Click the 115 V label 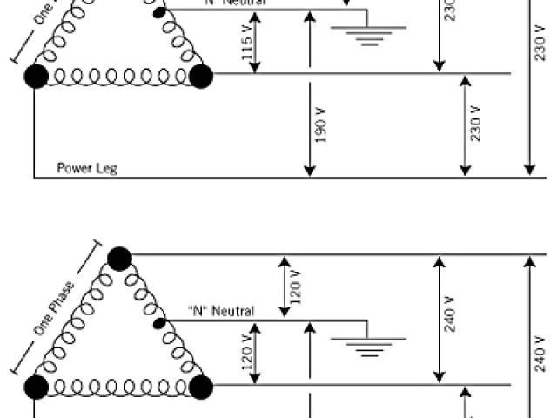point(247,52)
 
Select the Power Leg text point(87,168)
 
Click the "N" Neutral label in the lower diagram point(221,311)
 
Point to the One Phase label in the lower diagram point(54,307)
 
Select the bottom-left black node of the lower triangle point(36,385)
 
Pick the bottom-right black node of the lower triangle point(201,385)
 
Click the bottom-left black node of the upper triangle point(36,76)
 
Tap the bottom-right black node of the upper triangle point(201,76)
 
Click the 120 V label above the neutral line point(295,285)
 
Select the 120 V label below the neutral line point(247,353)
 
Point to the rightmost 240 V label point(540,356)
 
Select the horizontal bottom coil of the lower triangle point(118,385)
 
